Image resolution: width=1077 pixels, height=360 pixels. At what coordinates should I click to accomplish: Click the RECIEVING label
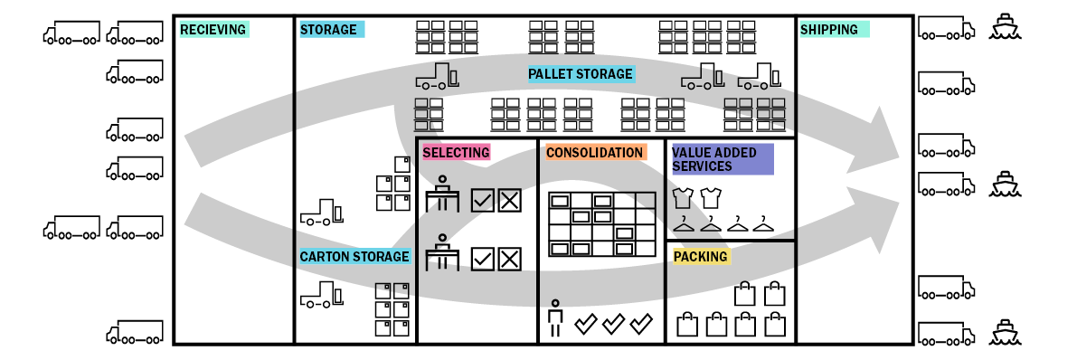coord(213,30)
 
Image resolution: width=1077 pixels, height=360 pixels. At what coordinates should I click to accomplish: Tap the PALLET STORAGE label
coord(581,74)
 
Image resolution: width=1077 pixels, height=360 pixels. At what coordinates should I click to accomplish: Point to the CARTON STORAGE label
coord(354,257)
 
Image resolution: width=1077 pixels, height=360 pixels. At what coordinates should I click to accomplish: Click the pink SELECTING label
coord(456,153)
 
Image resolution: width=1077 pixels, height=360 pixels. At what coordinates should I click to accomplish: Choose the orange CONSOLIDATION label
coord(595,153)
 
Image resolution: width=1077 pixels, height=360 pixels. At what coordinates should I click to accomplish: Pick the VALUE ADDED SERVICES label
coord(721,159)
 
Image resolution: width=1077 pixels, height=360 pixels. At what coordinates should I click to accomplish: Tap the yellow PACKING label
coord(701,257)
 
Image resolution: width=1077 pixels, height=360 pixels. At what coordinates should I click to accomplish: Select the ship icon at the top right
coord(1004,27)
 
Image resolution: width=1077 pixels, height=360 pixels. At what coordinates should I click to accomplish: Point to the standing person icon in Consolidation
coord(555,317)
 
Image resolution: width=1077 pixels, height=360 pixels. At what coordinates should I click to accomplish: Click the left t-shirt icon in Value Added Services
coord(683,197)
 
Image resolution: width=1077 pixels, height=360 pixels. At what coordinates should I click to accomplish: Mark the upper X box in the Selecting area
coord(510,201)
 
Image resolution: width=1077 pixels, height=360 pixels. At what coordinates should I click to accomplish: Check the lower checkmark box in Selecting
coord(483,260)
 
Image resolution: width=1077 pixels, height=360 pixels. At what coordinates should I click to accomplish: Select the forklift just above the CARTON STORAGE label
coord(321,213)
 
